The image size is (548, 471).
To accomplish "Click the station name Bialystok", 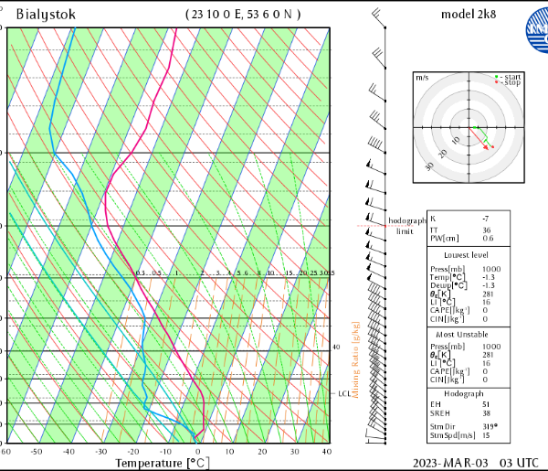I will (x=46, y=15).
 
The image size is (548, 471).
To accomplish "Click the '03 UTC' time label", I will (x=518, y=463).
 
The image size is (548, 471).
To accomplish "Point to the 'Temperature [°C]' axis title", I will (x=160, y=463).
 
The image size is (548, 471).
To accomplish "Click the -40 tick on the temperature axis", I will (x=68, y=452).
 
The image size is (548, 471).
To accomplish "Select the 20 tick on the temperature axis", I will (x=262, y=452).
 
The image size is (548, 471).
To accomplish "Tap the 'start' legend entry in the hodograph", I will (x=511, y=76).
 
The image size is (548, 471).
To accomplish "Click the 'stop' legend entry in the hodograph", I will (x=511, y=82).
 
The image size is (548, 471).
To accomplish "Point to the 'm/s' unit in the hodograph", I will (x=422, y=79).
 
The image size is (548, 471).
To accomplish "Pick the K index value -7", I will (x=487, y=219).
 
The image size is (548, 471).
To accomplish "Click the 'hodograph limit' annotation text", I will (x=406, y=226).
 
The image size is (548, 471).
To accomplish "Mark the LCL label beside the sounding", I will (x=343, y=394).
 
